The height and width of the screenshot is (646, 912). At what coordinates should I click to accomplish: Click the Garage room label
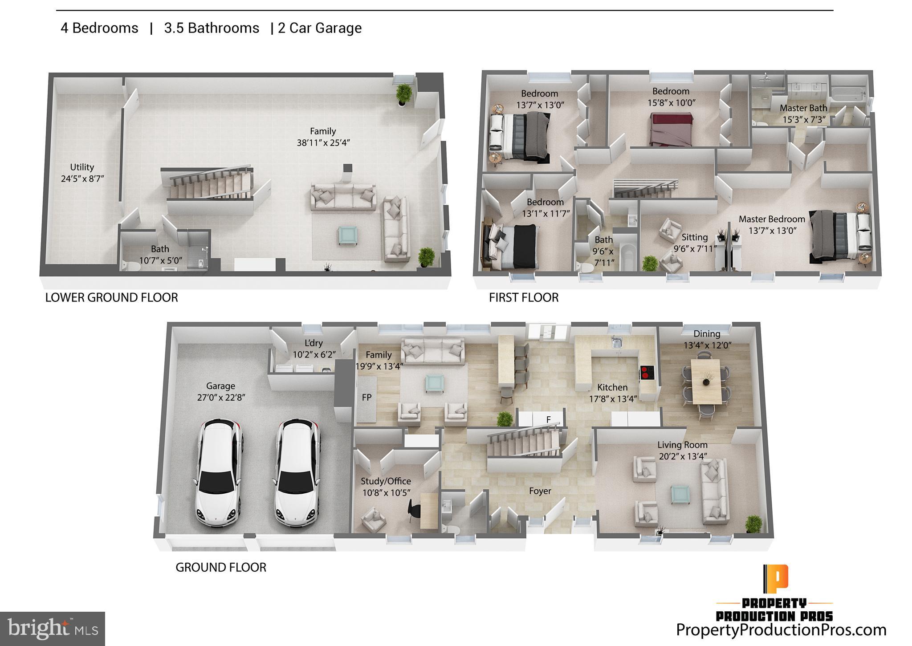coord(220,386)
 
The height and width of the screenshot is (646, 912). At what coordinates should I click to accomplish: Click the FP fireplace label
coord(366,397)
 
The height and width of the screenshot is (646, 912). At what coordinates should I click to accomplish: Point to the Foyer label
coord(540,491)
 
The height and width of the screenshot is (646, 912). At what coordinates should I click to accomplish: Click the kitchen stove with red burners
coord(647,372)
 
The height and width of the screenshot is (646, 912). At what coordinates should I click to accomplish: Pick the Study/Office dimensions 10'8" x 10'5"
coord(386,492)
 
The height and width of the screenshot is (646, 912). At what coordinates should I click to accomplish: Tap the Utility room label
coord(82,167)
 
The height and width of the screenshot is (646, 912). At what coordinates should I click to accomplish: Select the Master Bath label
coord(803,108)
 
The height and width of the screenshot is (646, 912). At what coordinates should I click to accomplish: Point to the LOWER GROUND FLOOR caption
coord(111,297)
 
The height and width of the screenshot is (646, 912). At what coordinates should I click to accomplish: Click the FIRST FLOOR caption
coord(524,297)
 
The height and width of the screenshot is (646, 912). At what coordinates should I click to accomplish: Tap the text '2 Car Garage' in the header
coord(320,28)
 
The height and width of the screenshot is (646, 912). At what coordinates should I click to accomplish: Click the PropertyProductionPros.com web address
coord(781,630)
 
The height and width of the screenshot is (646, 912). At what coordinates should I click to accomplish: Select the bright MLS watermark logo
coord(53,629)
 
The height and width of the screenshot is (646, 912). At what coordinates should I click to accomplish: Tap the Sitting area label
coord(694,237)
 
